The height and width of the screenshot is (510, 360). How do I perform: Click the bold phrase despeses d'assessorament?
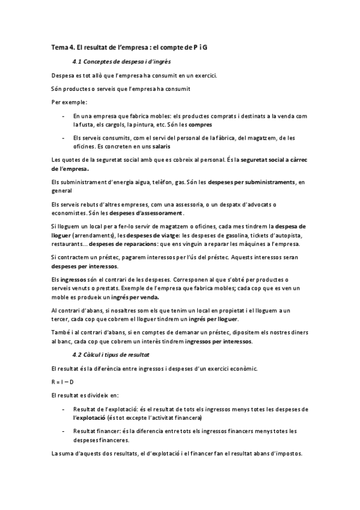[x=150, y=214]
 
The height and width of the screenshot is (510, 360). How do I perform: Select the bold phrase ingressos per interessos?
[x=219, y=341]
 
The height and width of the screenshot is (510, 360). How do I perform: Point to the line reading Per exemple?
[x=69, y=102]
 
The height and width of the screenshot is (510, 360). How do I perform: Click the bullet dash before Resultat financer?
[x=64, y=431]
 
